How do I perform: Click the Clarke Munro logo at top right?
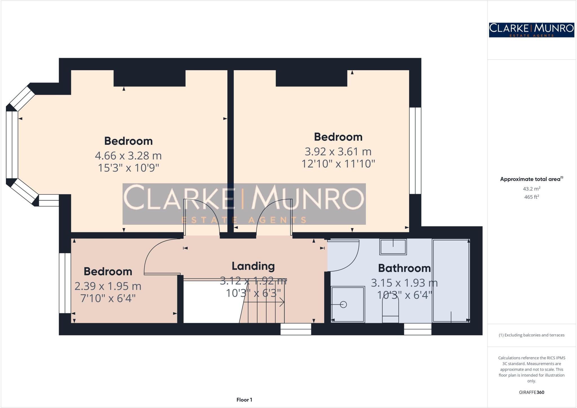coord(531,30)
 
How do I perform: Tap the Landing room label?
coord(253,266)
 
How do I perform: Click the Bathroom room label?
coord(404,268)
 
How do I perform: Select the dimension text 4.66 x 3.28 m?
coord(128,155)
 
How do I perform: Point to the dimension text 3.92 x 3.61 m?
coord(338,152)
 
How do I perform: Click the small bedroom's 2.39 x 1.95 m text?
coord(108,286)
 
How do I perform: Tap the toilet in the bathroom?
coord(390,310)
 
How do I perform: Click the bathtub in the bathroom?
coord(451,281)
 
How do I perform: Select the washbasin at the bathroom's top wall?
coord(393,247)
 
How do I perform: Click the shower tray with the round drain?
coord(348,304)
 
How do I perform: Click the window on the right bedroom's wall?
coord(415,151)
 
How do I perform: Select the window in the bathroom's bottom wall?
coord(418,329)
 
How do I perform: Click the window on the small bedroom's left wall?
coord(65,283)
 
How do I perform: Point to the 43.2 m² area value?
coord(531,189)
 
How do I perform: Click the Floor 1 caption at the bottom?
coord(244,400)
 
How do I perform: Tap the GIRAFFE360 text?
coord(531,392)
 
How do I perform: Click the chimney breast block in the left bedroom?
coord(149,78)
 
